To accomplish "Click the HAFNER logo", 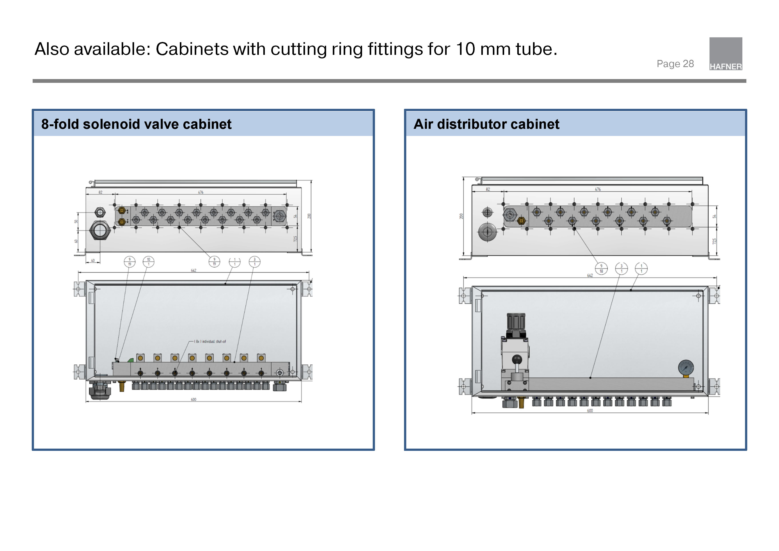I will [725, 54].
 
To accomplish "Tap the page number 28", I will [688, 64].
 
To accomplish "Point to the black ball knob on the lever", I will [517, 359].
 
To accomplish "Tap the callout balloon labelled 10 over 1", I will [148, 262].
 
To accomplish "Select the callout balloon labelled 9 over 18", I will [601, 269].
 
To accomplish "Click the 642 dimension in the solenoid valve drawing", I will [193, 271].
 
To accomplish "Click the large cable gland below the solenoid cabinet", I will [99, 390].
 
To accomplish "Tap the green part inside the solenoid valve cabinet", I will [130, 360].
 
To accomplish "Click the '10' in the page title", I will [465, 49].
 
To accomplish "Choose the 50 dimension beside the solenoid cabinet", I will [76, 221].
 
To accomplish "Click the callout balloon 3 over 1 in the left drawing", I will [254, 262].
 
